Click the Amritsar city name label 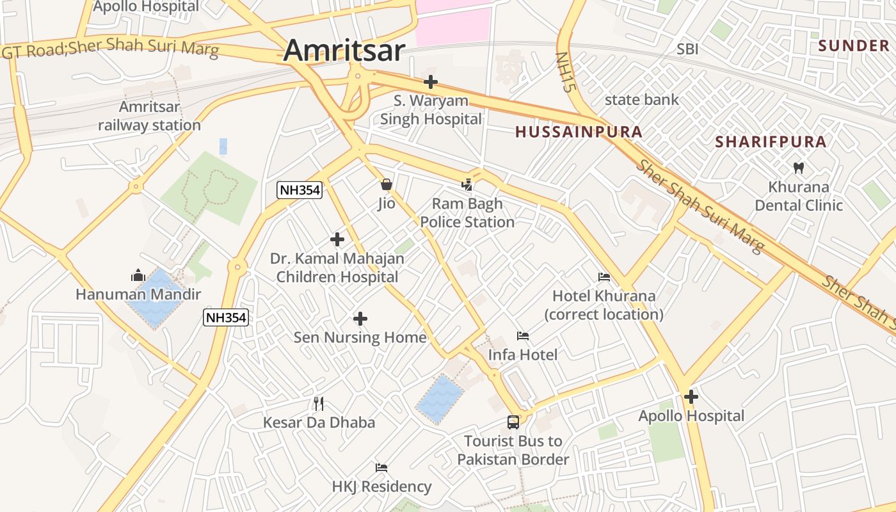(344, 51)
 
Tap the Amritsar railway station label (149, 116)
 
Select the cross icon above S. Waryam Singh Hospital (431, 82)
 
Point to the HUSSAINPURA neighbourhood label (579, 132)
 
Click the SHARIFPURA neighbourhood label (771, 142)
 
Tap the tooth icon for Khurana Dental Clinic (798, 168)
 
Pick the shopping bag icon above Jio (387, 185)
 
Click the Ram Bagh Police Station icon (468, 185)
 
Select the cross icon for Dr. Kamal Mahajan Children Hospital (337, 240)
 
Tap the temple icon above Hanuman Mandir (138, 276)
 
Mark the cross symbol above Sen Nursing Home (360, 319)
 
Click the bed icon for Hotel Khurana (604, 277)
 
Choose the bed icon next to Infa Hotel (523, 336)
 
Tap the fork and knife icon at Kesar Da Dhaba (319, 403)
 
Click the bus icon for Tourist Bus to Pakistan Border (513, 422)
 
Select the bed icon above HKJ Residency (381, 468)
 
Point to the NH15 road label (563, 72)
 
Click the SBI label (687, 49)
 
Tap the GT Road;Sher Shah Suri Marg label (111, 49)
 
